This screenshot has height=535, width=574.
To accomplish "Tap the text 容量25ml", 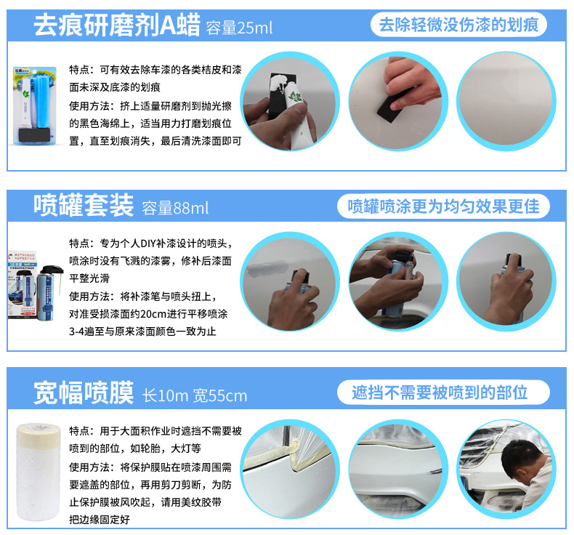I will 239,28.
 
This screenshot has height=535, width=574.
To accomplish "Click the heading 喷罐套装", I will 84,206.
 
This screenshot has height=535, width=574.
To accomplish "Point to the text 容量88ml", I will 175,209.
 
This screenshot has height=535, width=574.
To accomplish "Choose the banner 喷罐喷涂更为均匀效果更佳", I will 443,206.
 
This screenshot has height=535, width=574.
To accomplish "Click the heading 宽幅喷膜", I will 84,393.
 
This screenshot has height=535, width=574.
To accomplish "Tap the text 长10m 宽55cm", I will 194,395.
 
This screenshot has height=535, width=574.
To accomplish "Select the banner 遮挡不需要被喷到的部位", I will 440,393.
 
